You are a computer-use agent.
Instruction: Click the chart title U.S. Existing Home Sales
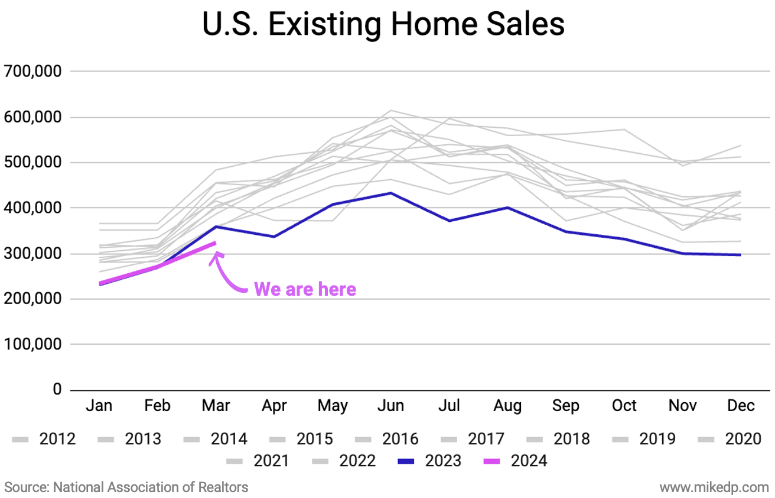pyautogui.click(x=383, y=25)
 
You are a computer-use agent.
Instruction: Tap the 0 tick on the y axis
pyautogui.click(x=57, y=390)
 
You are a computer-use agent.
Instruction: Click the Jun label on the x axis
pyautogui.click(x=390, y=406)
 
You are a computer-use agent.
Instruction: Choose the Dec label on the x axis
pyautogui.click(x=741, y=406)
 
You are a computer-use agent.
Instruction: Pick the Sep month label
pyautogui.click(x=565, y=406)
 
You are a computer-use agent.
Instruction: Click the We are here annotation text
pyautogui.click(x=305, y=289)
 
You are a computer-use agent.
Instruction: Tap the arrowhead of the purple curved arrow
pyautogui.click(x=216, y=256)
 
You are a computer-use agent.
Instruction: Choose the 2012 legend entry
pyautogui.click(x=44, y=439)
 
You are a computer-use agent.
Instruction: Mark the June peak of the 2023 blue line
pyautogui.click(x=390, y=193)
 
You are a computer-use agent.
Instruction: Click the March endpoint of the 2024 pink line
pyautogui.click(x=216, y=242)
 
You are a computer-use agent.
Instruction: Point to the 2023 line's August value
pyautogui.click(x=507, y=208)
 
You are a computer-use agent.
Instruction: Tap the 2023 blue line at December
pyautogui.click(x=741, y=255)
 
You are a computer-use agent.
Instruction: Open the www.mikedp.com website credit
pyautogui.click(x=714, y=487)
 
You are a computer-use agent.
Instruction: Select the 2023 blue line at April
pyautogui.click(x=273, y=237)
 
